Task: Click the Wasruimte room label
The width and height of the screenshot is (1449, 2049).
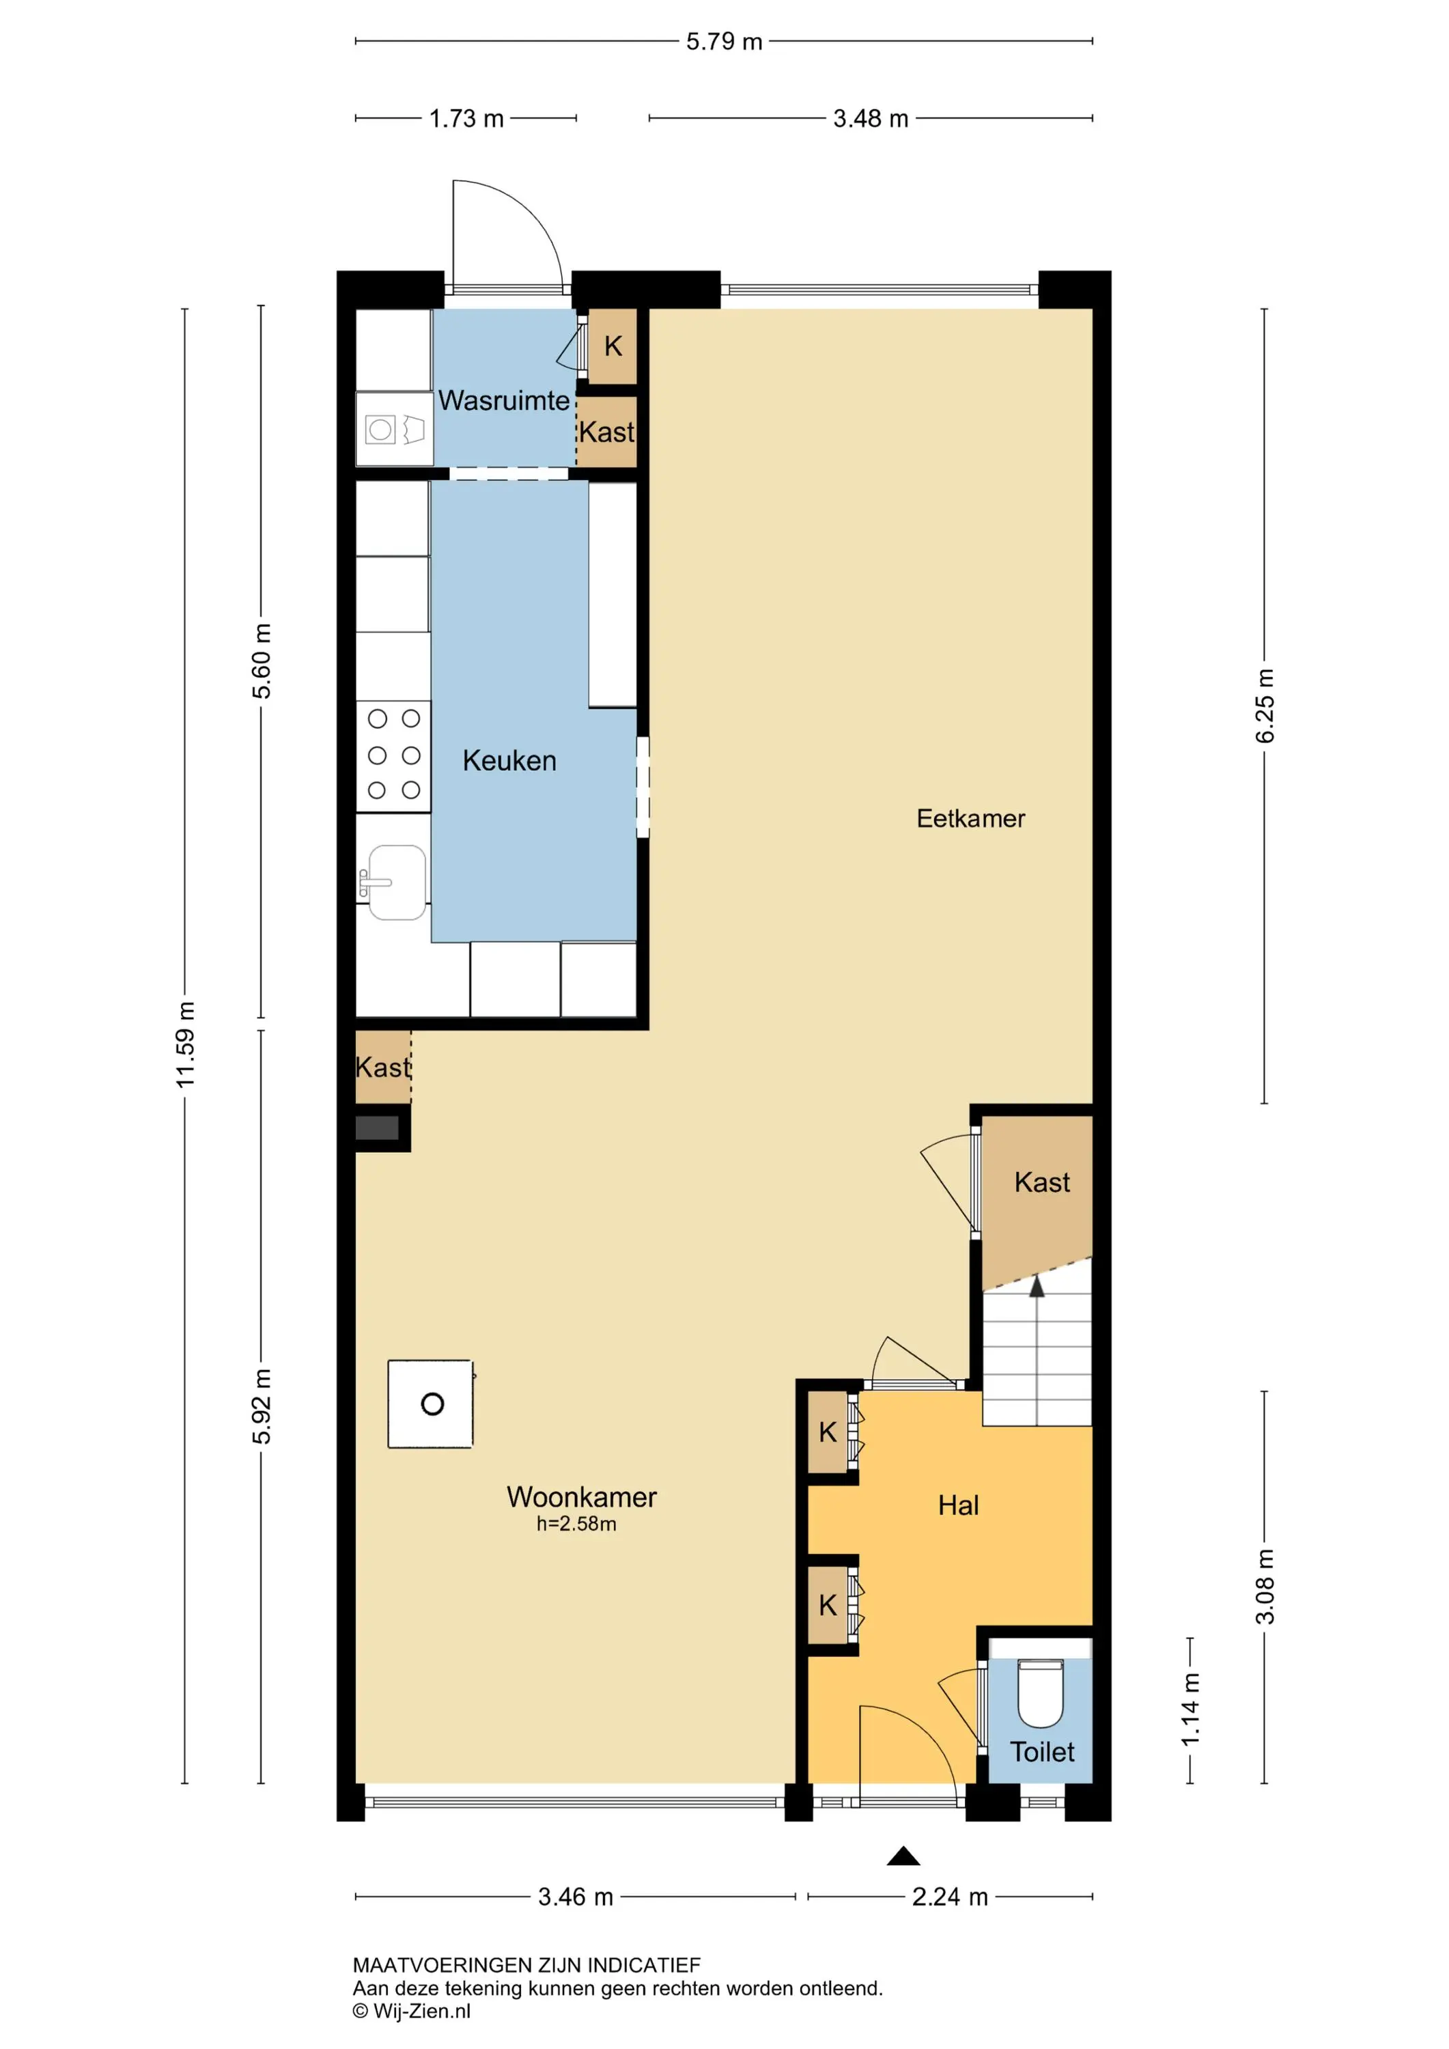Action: (x=503, y=401)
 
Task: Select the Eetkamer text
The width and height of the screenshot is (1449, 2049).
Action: (x=971, y=818)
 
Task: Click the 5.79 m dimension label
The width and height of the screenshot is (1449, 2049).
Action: (x=724, y=42)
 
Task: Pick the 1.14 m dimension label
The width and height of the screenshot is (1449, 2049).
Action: (x=1190, y=1710)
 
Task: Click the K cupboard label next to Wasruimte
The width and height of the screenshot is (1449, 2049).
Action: (x=613, y=346)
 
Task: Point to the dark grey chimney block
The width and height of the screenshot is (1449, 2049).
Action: (x=378, y=1128)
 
